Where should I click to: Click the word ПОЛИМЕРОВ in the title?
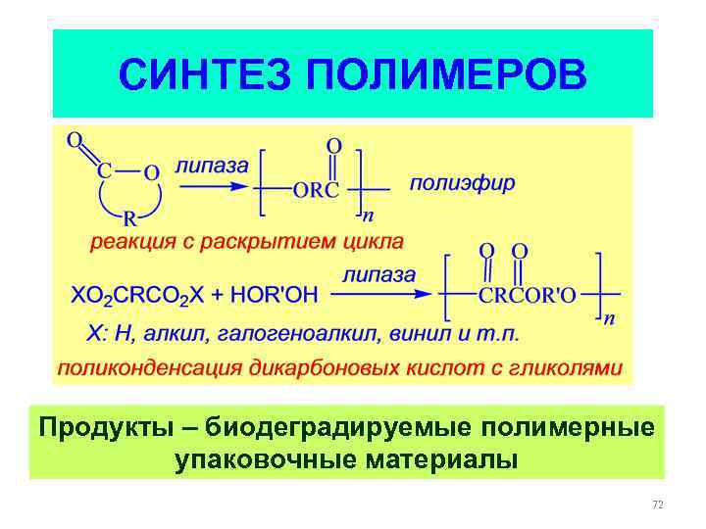point(447,73)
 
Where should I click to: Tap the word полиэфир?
point(462,183)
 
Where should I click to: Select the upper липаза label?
point(212,166)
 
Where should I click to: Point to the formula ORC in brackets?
point(315,190)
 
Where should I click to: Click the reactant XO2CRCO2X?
point(141,294)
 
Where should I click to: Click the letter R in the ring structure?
point(128,219)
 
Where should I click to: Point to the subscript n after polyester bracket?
point(368,215)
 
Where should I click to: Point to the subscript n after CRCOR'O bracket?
point(608,318)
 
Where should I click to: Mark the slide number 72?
point(657,505)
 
